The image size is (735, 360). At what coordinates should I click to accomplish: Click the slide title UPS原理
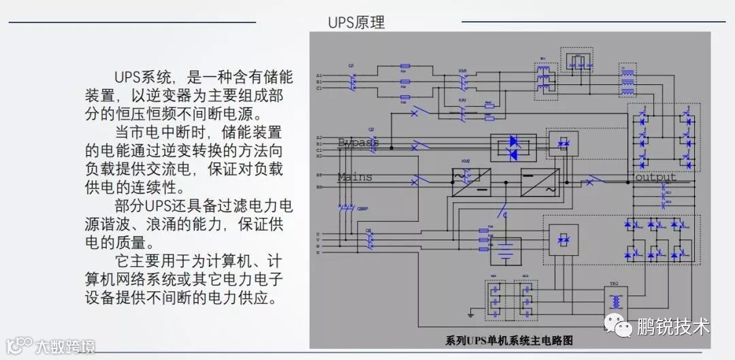[x=356, y=22]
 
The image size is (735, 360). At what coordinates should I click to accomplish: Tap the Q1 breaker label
[x=351, y=65]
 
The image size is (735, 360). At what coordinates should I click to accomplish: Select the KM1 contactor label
[x=463, y=71]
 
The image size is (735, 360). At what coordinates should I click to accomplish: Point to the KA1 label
[x=463, y=100]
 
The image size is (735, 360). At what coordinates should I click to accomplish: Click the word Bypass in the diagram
[x=358, y=142]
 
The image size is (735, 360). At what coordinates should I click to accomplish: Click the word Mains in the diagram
[x=355, y=177]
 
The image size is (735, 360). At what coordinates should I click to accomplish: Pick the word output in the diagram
[x=655, y=177]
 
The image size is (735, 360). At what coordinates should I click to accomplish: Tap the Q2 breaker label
[x=371, y=129]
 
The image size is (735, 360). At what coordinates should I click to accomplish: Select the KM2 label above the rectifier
[x=465, y=161]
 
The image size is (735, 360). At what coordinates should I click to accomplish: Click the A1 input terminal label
[x=318, y=75]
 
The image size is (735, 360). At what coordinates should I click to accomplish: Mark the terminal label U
[x=318, y=234]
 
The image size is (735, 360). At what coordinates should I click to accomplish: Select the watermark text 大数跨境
[x=65, y=346]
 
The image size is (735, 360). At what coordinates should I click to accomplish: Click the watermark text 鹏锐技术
[x=673, y=327]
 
